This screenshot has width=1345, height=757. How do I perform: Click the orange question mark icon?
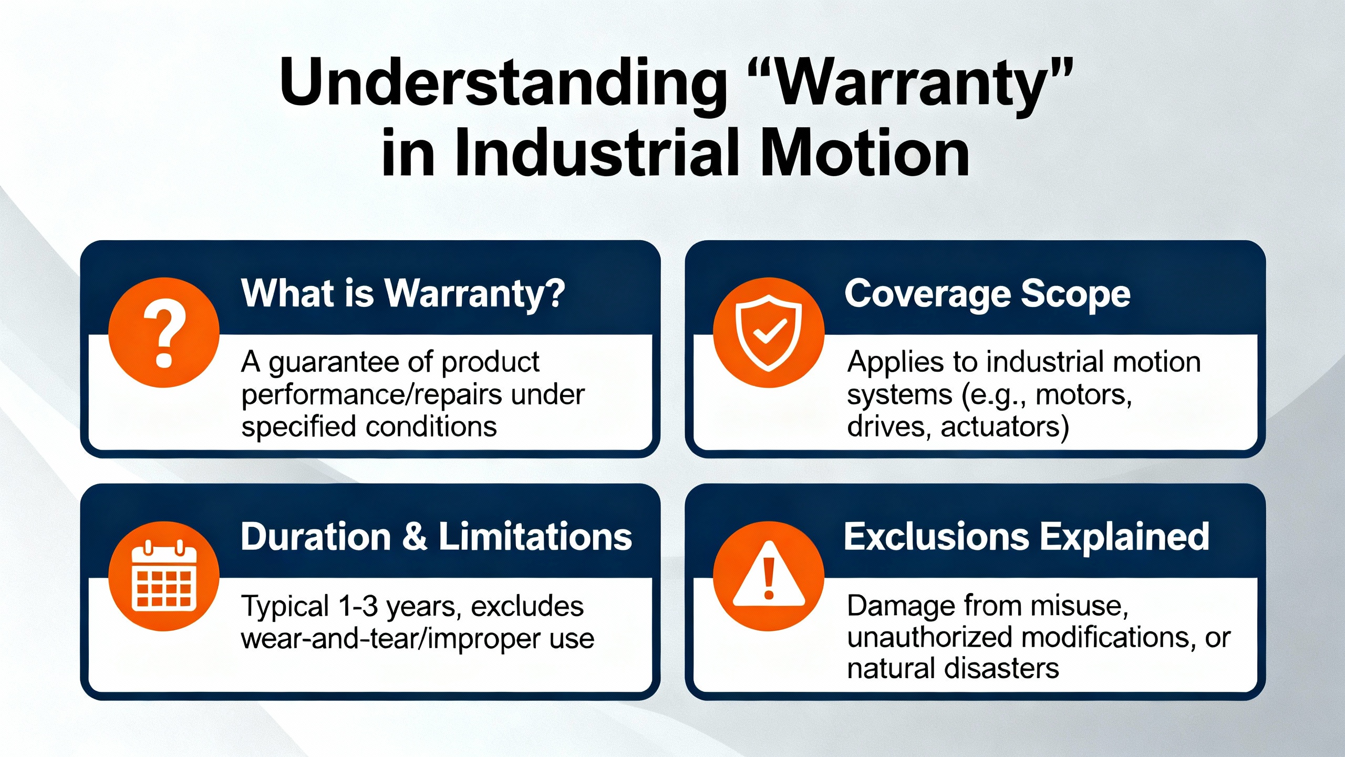163,332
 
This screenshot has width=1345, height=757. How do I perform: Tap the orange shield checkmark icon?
769,332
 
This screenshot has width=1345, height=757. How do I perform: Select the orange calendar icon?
163,576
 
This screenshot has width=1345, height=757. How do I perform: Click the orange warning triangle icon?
769,576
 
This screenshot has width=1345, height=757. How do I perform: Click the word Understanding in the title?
503,83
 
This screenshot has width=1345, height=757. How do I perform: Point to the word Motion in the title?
864,153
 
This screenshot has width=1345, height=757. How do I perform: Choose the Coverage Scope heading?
987,294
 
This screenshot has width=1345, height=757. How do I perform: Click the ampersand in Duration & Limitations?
415,537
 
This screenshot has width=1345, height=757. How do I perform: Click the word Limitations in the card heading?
535,537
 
